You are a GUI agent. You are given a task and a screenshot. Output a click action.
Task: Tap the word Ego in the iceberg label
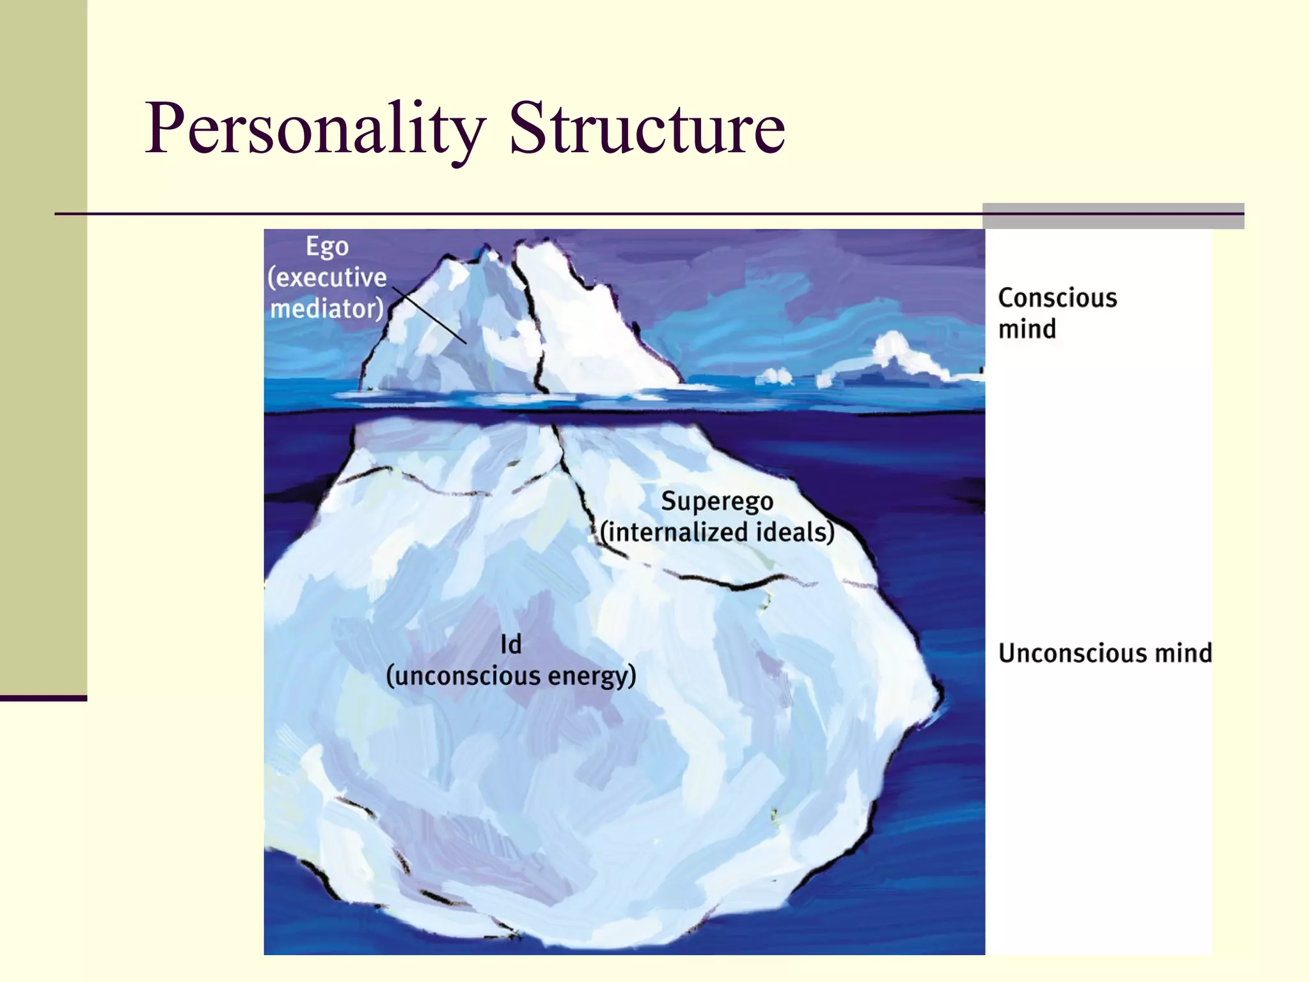(327, 247)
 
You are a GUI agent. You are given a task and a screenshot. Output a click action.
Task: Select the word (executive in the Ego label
(327, 277)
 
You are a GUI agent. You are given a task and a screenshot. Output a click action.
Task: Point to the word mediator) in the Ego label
(327, 308)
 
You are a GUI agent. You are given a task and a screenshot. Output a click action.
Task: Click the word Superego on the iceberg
(717, 502)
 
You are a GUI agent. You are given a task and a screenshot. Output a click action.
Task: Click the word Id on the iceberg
(511, 644)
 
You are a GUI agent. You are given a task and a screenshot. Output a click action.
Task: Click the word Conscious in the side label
(1057, 298)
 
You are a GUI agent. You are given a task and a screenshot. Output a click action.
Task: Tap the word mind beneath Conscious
(1027, 329)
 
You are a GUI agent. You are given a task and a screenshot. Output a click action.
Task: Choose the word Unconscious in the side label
(1071, 653)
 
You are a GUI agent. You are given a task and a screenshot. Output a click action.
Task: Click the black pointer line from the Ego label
(430, 315)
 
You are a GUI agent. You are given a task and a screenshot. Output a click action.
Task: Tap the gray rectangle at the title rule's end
(1113, 216)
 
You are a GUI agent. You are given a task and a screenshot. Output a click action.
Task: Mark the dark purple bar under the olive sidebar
(43, 698)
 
